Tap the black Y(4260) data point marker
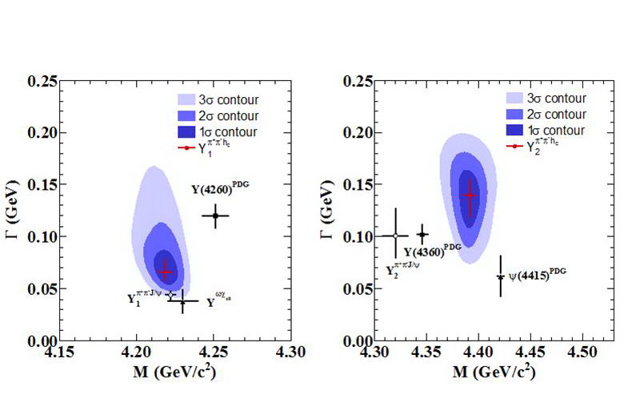pyautogui.click(x=215, y=216)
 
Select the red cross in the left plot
pyautogui.click(x=166, y=272)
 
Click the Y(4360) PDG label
pyautogui.click(x=433, y=251)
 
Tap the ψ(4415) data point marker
pyautogui.click(x=501, y=277)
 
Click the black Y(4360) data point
pyautogui.click(x=423, y=234)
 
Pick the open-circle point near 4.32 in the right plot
pyautogui.click(x=395, y=236)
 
